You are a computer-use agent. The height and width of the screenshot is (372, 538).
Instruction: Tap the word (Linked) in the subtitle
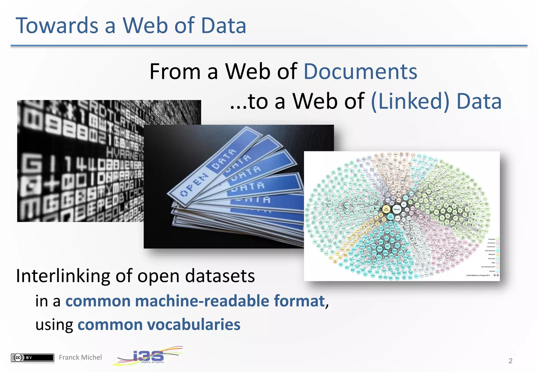(410, 101)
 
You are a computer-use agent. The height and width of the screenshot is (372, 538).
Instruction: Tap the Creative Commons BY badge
(32, 357)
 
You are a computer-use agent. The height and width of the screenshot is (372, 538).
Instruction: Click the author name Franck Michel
(80, 357)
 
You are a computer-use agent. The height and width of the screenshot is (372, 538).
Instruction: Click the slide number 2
(510, 361)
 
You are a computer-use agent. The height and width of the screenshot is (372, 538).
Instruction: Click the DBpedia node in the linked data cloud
(396, 209)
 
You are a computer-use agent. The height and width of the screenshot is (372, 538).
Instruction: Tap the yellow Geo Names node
(386, 209)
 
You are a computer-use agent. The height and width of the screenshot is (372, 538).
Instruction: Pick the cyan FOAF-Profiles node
(390, 217)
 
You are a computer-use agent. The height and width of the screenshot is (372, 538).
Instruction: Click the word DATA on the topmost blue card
(224, 159)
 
